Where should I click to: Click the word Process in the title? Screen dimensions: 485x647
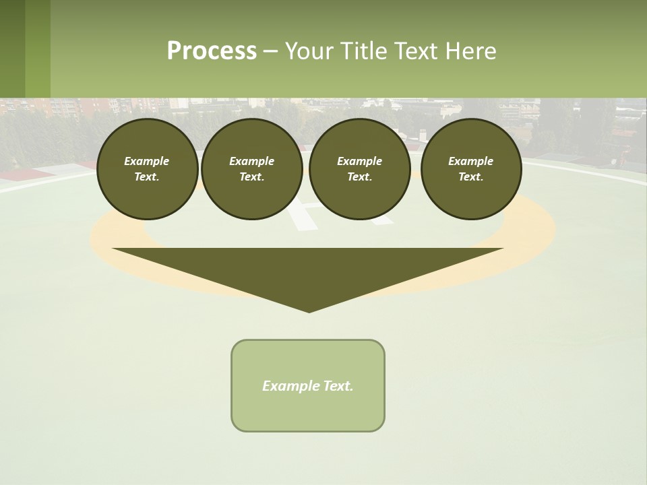click(212, 51)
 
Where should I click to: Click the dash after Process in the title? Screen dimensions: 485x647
click(270, 52)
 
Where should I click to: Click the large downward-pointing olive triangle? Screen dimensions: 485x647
click(308, 269)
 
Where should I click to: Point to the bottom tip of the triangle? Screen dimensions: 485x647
click(309, 311)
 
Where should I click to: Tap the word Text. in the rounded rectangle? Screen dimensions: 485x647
click(338, 386)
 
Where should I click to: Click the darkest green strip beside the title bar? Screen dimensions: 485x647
click(12, 48)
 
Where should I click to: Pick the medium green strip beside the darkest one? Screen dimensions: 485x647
click(38, 48)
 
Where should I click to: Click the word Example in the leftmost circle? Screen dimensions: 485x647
click(147, 161)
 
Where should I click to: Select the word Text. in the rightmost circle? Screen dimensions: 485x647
click(471, 176)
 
